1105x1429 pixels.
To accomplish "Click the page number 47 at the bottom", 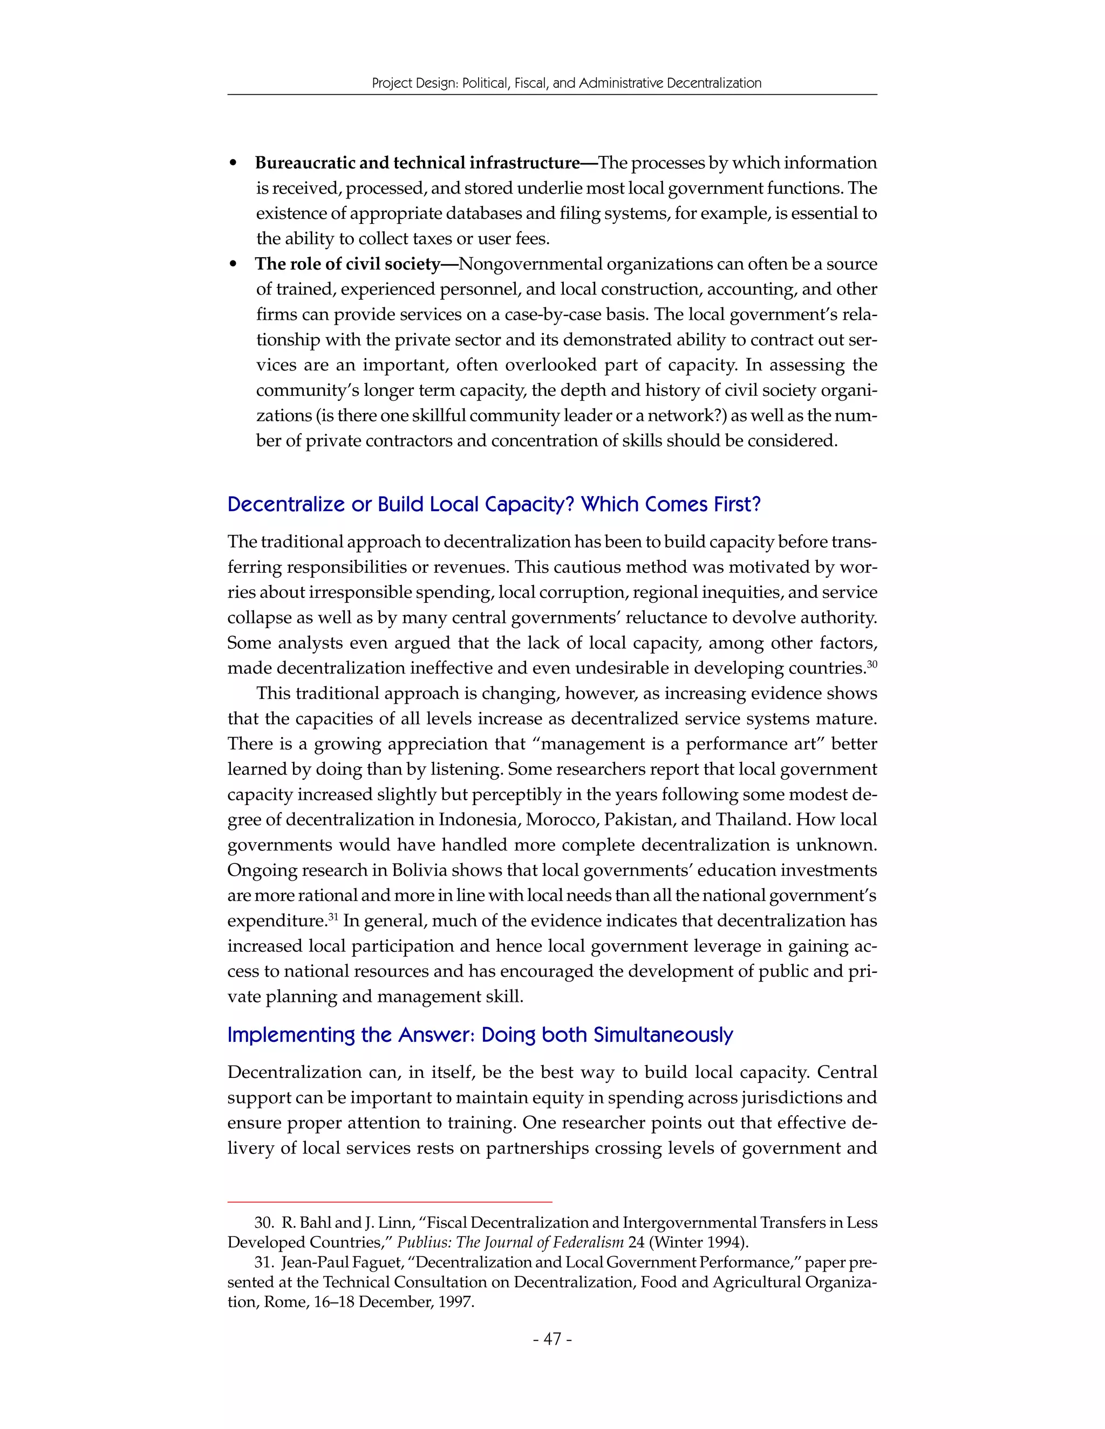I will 552,1339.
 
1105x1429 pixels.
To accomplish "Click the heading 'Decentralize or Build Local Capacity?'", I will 494,505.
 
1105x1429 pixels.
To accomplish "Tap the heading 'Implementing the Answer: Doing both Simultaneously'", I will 480,1034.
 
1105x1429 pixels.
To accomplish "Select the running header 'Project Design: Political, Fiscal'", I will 566,83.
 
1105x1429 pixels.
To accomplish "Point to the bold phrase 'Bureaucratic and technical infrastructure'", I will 417,162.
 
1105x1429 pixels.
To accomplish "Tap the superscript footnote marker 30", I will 871,664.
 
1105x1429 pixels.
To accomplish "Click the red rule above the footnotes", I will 390,1202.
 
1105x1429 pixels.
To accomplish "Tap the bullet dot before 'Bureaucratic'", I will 233,163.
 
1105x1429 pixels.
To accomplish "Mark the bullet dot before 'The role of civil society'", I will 233,265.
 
